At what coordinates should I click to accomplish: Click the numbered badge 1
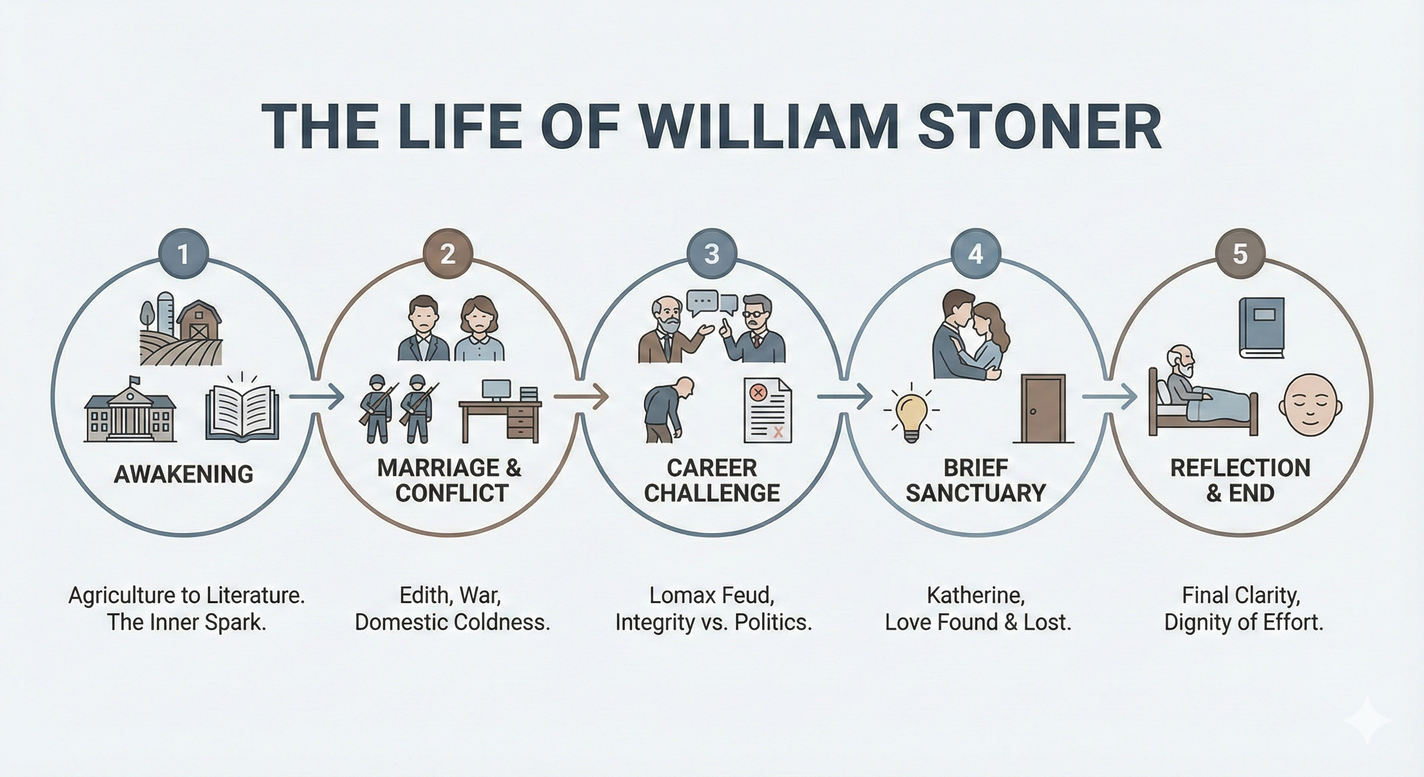click(x=183, y=254)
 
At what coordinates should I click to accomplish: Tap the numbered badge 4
click(x=975, y=254)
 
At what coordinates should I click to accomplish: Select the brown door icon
click(x=1043, y=409)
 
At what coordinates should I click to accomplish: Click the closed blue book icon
click(x=1262, y=328)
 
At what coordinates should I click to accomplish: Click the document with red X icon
click(x=767, y=410)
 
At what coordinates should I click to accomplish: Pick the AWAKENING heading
click(x=184, y=474)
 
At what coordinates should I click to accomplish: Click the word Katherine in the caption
click(x=975, y=595)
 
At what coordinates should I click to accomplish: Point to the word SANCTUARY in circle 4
click(x=975, y=493)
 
